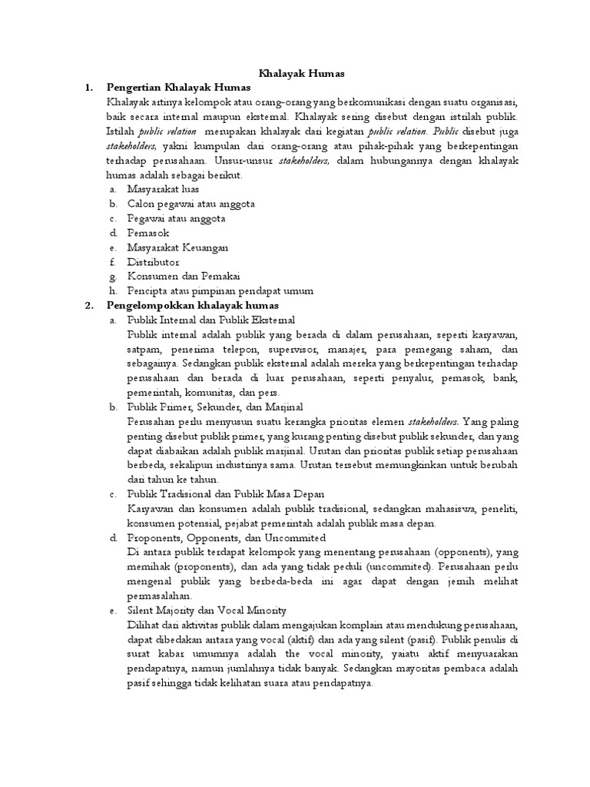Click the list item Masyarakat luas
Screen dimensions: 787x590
[x=163, y=189]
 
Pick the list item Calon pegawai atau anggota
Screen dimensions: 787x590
[x=191, y=204]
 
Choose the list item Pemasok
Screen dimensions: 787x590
[x=148, y=233]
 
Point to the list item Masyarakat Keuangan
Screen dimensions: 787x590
[x=177, y=247]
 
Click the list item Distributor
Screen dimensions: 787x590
[x=154, y=262]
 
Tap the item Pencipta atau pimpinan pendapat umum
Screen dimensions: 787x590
[x=210, y=291]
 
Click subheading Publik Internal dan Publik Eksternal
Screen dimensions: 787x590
[x=211, y=320]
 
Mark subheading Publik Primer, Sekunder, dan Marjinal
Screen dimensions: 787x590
[x=213, y=406]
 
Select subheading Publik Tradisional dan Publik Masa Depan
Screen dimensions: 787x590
[x=226, y=493]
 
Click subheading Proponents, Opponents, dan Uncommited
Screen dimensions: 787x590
[x=227, y=536]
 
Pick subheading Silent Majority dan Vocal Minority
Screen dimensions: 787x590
[x=207, y=609]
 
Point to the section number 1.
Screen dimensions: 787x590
[x=88, y=88]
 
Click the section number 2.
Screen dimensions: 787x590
[x=88, y=305]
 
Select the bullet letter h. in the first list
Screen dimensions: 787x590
[x=112, y=291]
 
